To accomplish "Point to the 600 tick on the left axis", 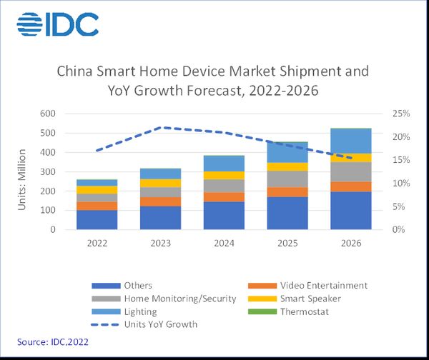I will click(48, 114).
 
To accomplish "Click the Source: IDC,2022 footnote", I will click(50, 343).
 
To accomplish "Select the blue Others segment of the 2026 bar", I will click(351, 211).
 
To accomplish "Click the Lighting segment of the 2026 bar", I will click(351, 141).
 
